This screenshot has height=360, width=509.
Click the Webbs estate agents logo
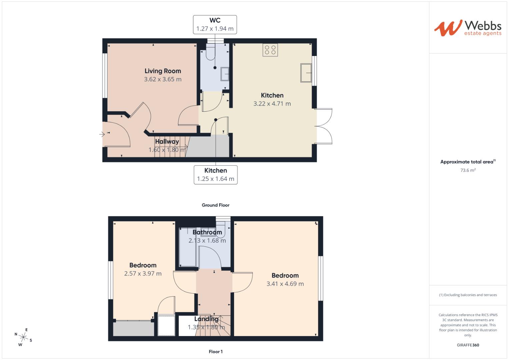[x=467, y=28]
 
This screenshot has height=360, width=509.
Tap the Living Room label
[x=163, y=71]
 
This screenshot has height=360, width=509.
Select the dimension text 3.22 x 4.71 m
[x=272, y=104]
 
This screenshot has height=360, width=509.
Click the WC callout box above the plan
[x=215, y=24]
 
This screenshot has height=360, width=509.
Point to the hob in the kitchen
[x=270, y=50]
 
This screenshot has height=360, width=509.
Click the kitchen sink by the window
[x=306, y=73]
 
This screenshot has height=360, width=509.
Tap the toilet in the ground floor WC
[x=211, y=53]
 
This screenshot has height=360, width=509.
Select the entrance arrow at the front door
[x=102, y=134]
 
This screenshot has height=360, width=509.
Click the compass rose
[x=23, y=337]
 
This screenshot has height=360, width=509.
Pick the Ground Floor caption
[x=215, y=205]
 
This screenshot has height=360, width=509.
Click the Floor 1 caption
[x=215, y=351]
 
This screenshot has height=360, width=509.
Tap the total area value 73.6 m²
[x=468, y=170]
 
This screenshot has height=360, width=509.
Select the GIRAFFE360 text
[x=468, y=345]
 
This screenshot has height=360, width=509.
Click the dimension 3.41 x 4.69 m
[x=285, y=284]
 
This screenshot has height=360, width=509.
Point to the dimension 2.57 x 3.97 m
[x=143, y=274]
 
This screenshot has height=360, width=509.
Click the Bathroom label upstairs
[x=207, y=232]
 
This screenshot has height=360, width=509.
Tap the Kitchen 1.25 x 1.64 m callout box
[x=215, y=175]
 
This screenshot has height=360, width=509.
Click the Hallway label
[x=167, y=142]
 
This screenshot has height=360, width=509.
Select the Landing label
[x=206, y=319]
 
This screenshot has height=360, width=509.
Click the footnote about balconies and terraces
[x=468, y=295]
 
